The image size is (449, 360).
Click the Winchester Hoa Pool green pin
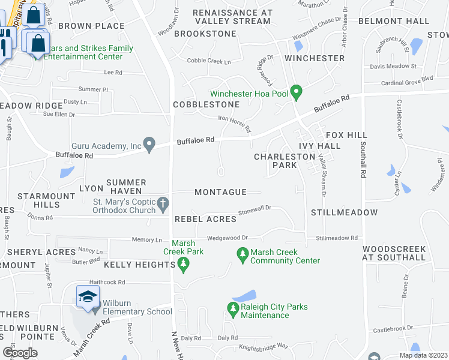pyautogui.click(x=295, y=92)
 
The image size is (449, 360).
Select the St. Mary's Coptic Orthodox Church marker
pyautogui.click(x=163, y=205)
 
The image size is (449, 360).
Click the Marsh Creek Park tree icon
pyautogui.click(x=185, y=263)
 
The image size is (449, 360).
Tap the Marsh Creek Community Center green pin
pyautogui.click(x=243, y=255)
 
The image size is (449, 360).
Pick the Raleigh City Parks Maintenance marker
pyautogui.click(x=233, y=310)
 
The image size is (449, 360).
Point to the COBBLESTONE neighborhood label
pyautogui.click(x=202, y=104)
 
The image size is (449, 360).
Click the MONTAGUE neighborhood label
pyautogui.click(x=221, y=192)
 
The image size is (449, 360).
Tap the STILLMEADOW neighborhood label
pyautogui.click(x=345, y=212)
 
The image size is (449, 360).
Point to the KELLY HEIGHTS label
pyautogui.click(x=139, y=265)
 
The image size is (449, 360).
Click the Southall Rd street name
pyautogui.click(x=363, y=159)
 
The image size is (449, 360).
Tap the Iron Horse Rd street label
pyautogui.click(x=235, y=124)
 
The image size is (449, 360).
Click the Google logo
pyautogui.click(x=20, y=353)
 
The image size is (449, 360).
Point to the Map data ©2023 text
pyautogui.click(x=423, y=355)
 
